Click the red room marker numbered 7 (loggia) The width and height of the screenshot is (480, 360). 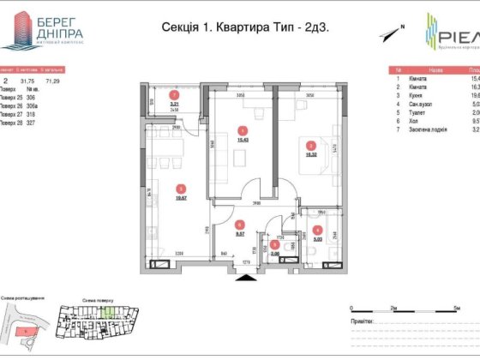174,95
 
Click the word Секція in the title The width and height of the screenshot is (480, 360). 181,27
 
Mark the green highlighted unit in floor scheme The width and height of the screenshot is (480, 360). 106,314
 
